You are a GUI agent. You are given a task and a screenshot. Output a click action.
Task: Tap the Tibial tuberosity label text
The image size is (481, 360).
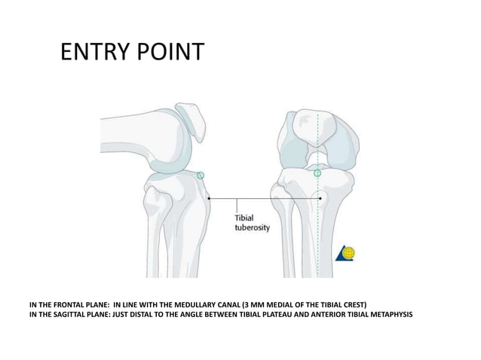tap(248, 221)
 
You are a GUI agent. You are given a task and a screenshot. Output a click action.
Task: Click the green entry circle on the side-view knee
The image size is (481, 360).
tap(201, 175)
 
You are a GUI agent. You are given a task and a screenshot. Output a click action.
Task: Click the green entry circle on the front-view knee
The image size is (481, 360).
tap(317, 173)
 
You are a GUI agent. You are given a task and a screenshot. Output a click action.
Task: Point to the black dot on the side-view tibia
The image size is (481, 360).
tap(209, 199)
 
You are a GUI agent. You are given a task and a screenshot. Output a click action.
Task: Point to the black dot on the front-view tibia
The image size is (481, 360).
tap(321, 199)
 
